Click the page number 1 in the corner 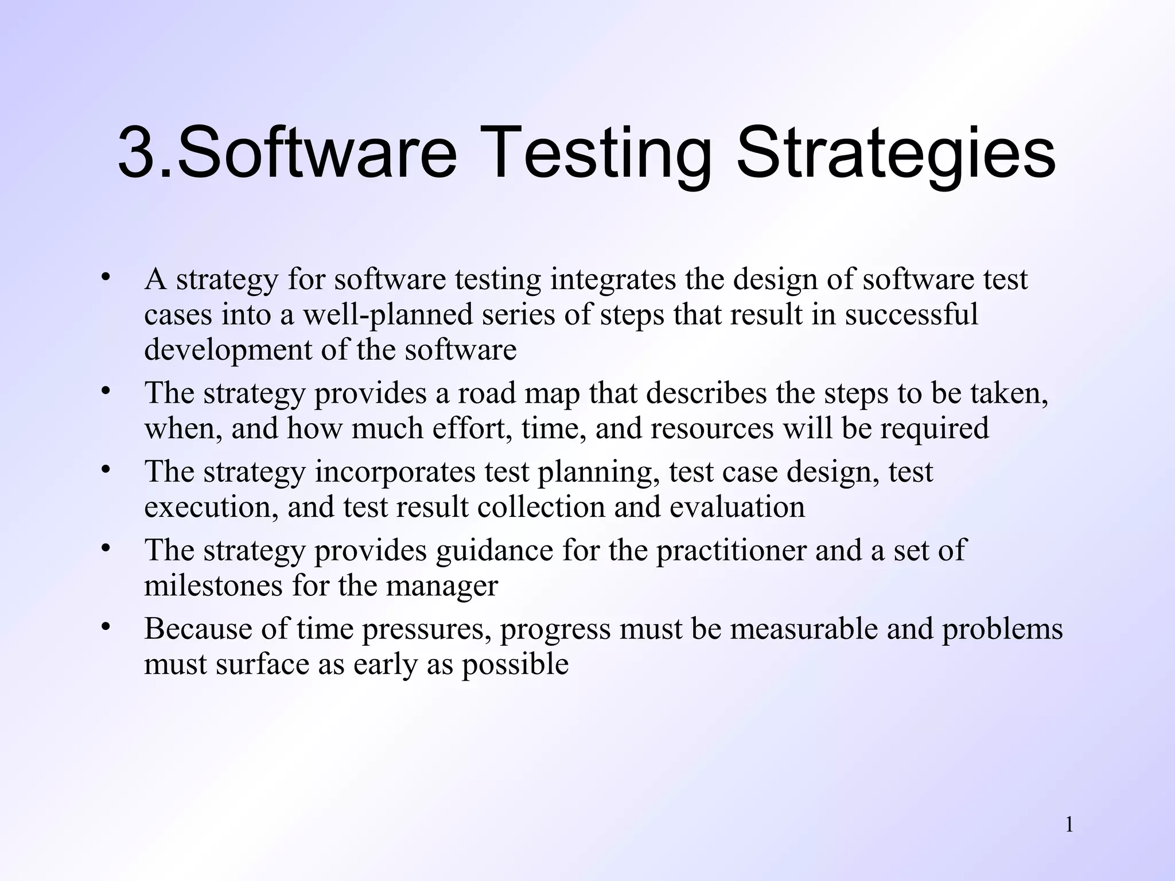(1069, 825)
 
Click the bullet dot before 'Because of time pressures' (105, 626)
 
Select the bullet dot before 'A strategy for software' (105, 278)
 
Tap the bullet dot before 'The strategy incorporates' (105, 469)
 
